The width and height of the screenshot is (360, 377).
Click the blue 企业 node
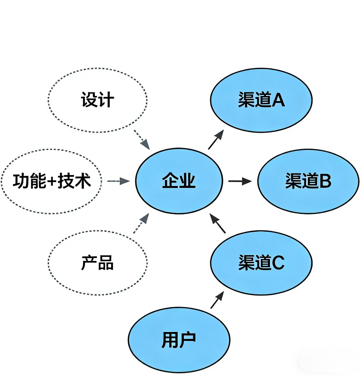[x=179, y=181]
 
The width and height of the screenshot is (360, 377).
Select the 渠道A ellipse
[x=261, y=100]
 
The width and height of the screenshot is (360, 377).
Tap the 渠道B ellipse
[x=308, y=181]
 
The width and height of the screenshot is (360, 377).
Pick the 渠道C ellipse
[x=261, y=263]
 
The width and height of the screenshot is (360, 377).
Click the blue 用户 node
[x=179, y=340]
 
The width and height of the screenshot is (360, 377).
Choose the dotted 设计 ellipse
[x=98, y=100]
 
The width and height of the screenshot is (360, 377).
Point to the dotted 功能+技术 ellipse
[x=51, y=181]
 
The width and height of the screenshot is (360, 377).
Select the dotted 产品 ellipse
[x=98, y=263]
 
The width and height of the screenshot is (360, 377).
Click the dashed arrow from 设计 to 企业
[x=142, y=140]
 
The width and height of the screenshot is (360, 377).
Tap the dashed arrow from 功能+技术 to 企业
[x=118, y=181]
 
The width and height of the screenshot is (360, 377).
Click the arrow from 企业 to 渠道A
[x=216, y=140]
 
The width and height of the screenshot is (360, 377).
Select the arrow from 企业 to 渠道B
[x=240, y=181]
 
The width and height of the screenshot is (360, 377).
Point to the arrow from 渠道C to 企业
[x=218, y=223]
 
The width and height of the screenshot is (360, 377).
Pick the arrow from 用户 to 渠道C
[x=217, y=300]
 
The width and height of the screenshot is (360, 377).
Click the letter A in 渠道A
[x=278, y=100]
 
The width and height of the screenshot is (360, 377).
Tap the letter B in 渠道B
[x=325, y=181]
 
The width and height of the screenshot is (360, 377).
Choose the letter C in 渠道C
[x=278, y=263]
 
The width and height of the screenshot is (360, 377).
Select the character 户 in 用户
[x=188, y=340]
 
